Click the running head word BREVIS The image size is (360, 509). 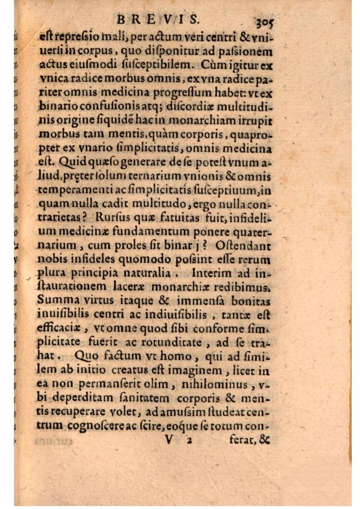pos(158,20)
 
